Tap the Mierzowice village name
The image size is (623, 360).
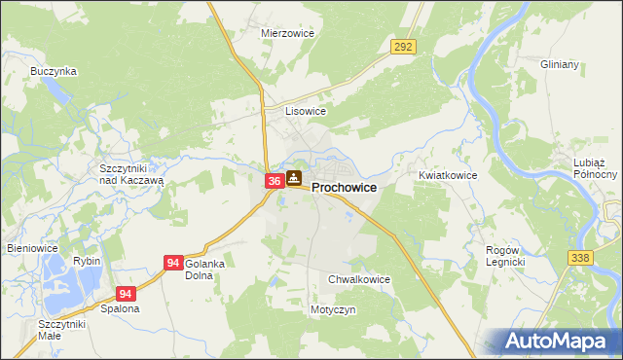coord(285,32)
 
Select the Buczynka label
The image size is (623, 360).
coord(53,71)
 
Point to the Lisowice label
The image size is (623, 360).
coord(305,111)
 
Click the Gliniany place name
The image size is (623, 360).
coord(560,64)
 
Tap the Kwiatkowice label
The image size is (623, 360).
coord(448,175)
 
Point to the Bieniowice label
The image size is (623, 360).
coord(33,248)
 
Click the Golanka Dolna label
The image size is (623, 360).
coord(205,270)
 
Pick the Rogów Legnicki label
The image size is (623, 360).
coord(505,256)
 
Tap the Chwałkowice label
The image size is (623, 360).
coord(359,279)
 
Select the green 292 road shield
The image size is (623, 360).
coord(404,46)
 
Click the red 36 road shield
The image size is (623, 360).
coord(274,180)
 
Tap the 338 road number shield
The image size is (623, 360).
coord(582,256)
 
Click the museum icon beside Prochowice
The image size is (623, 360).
coord(293,178)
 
